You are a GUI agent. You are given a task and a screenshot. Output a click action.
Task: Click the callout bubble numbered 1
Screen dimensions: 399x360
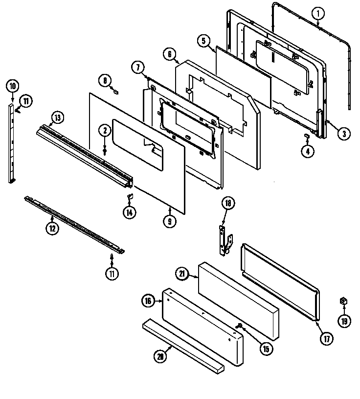(318, 13)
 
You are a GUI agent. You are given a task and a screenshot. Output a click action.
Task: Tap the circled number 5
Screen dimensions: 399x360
(204, 41)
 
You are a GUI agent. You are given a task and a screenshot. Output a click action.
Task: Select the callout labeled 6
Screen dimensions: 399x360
(170, 55)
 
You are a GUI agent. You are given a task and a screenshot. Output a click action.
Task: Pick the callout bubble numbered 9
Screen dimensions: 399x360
(169, 221)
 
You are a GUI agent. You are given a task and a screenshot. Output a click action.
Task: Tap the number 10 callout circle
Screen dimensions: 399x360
(12, 86)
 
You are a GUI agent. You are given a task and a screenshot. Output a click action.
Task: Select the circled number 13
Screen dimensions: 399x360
(58, 117)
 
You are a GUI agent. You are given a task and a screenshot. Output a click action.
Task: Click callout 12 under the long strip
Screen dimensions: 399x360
(52, 228)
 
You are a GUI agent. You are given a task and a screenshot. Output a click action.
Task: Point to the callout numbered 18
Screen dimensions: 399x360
(227, 203)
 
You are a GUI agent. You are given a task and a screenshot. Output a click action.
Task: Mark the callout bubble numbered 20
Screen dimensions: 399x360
(160, 357)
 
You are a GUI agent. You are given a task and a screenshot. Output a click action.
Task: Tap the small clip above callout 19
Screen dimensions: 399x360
(344, 300)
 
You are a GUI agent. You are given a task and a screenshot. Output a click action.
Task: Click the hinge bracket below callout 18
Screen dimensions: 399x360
(225, 240)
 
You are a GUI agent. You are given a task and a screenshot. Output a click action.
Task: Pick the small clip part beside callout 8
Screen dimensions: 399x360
(116, 91)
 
